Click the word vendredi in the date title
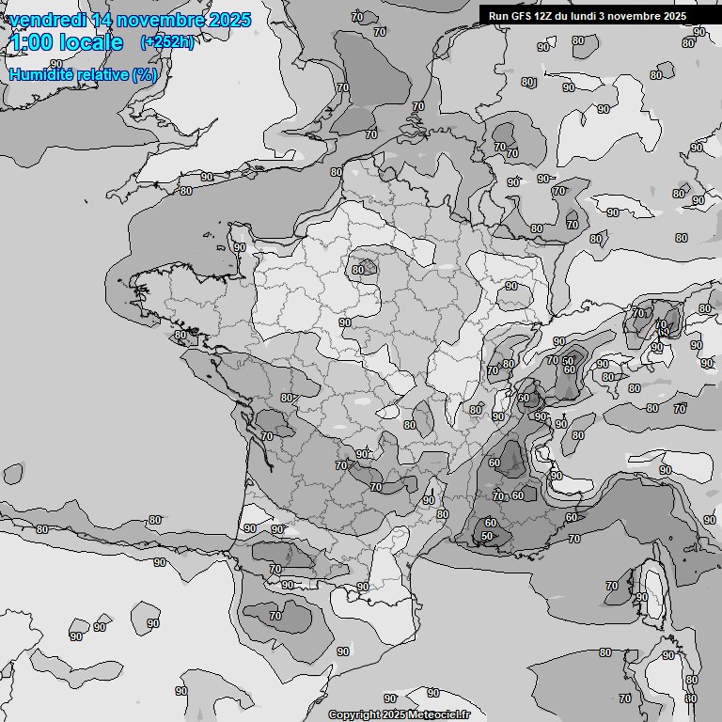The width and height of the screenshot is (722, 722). pyautogui.click(x=47, y=20)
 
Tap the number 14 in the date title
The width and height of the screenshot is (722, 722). pyautogui.click(x=102, y=20)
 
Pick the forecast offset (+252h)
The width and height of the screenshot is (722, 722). pyautogui.click(x=166, y=42)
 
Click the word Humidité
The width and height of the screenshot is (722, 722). pyautogui.click(x=42, y=74)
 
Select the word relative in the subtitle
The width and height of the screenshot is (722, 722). pyautogui.click(x=102, y=74)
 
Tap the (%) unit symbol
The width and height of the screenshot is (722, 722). pyautogui.click(x=144, y=74)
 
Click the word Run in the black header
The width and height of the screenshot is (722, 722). pyautogui.click(x=498, y=16)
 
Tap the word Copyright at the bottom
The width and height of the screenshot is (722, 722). pyautogui.click(x=354, y=714)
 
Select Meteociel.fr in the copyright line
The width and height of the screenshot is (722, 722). pyautogui.click(x=439, y=714)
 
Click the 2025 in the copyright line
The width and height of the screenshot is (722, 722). pyautogui.click(x=396, y=714)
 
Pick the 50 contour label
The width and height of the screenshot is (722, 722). pyautogui.click(x=486, y=536)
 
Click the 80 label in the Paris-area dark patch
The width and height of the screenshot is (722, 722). pyautogui.click(x=358, y=270)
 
